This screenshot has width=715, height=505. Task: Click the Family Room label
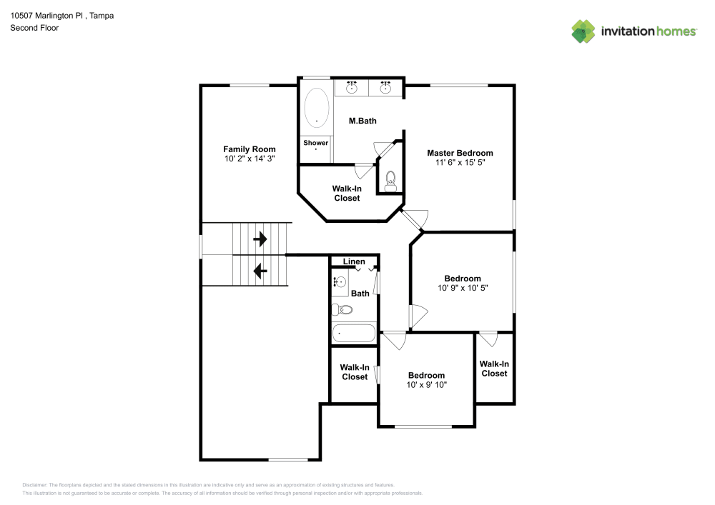click(x=249, y=149)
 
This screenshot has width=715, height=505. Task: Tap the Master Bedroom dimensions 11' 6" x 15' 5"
click(x=460, y=163)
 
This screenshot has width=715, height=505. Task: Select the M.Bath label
click(x=363, y=121)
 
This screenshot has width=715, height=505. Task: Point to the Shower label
click(x=315, y=143)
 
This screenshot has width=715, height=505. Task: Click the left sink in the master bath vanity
click(x=352, y=88)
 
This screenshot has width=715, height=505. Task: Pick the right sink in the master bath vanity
click(x=386, y=88)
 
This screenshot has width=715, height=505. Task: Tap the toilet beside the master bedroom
click(x=390, y=179)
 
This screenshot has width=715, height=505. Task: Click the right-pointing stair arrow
click(x=260, y=239)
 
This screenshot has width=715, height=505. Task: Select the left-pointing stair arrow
click(x=260, y=271)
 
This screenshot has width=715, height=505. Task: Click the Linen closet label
click(x=354, y=261)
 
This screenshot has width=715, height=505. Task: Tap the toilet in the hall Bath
click(x=342, y=309)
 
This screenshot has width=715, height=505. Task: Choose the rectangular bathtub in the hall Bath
click(x=353, y=334)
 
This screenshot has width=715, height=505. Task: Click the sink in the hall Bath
click(x=339, y=282)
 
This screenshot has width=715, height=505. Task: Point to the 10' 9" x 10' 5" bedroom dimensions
click(x=463, y=288)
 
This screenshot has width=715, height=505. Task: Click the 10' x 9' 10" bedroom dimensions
click(x=426, y=385)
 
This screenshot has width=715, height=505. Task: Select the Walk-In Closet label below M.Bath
click(x=346, y=194)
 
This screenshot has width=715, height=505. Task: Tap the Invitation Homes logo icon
click(x=583, y=31)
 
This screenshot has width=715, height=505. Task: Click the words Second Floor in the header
click(x=34, y=28)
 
